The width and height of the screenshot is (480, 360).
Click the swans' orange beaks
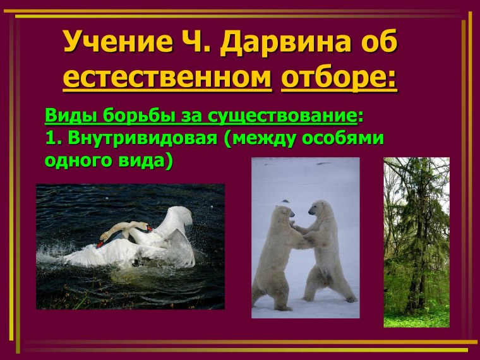click(104, 239)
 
